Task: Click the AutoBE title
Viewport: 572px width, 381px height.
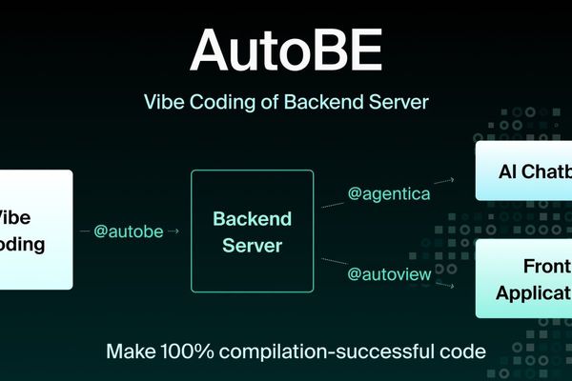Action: [x=285, y=49]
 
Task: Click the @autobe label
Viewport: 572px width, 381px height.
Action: [x=135, y=231]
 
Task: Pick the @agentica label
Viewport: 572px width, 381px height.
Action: [x=389, y=193]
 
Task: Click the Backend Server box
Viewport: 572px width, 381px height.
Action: [x=252, y=231]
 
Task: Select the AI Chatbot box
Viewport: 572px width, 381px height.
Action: [x=524, y=172]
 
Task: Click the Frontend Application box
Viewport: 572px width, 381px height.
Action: [x=524, y=278]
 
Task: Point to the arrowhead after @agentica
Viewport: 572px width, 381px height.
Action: [x=451, y=178]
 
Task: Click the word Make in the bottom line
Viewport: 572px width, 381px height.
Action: [x=128, y=351]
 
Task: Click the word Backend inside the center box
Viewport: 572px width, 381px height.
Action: [x=252, y=217]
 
